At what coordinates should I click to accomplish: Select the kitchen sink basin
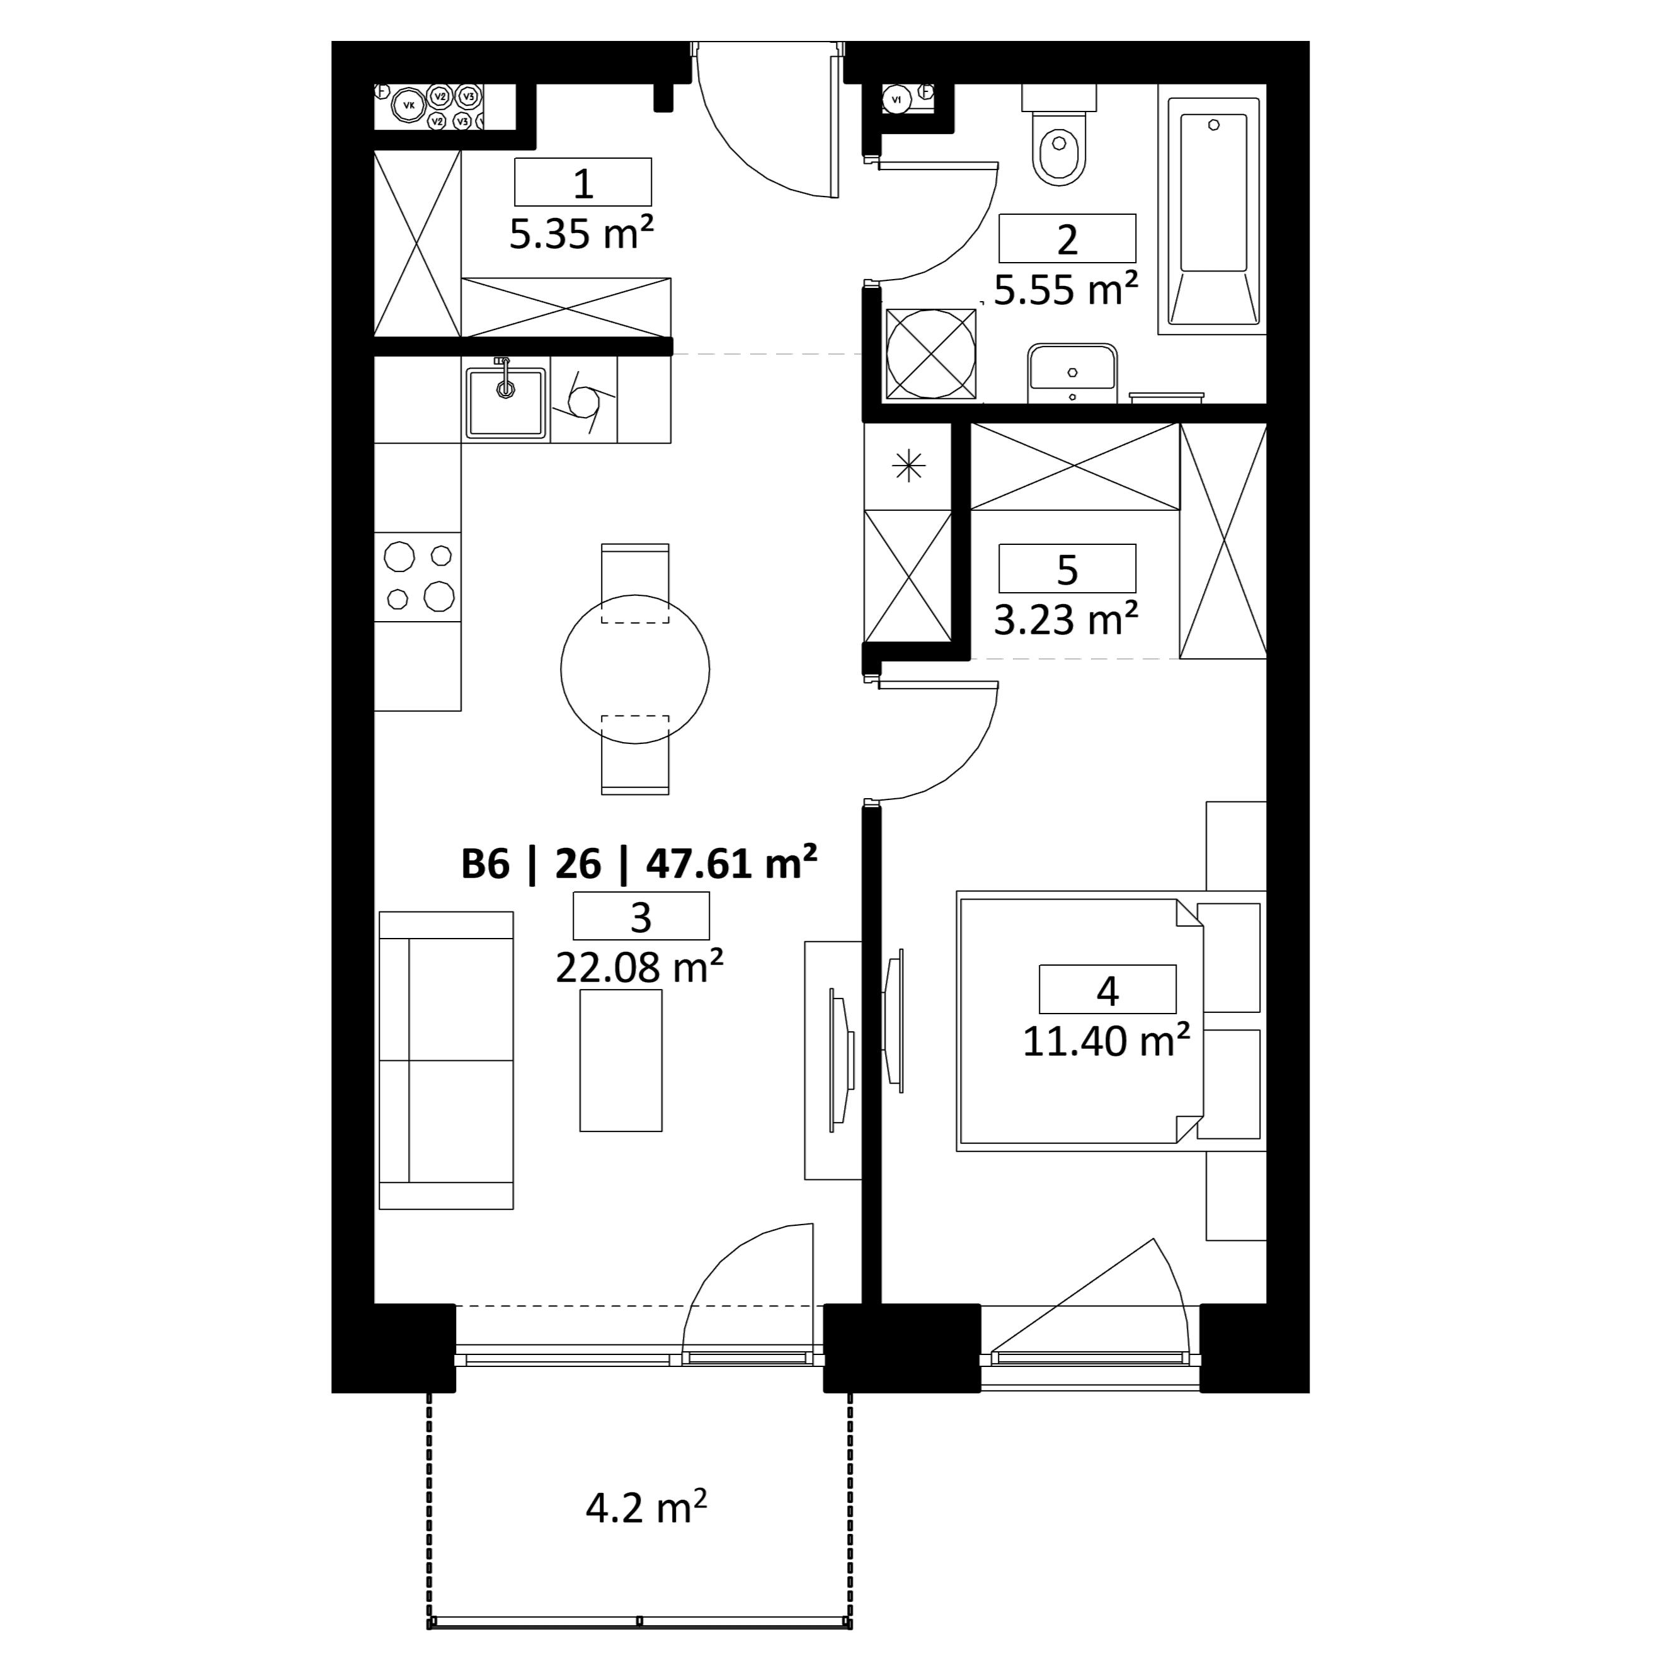(505, 403)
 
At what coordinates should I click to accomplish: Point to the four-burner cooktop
(418, 576)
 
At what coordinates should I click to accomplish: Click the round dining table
(635, 670)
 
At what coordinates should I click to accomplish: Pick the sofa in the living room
(446, 1060)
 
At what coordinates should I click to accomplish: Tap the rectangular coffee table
(620, 1060)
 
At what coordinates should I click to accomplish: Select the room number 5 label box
(1066, 568)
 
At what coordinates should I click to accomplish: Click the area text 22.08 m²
(639, 967)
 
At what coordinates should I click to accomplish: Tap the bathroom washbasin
(1072, 374)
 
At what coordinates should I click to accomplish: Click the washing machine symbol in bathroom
(930, 353)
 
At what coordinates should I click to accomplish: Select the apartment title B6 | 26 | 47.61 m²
(639, 863)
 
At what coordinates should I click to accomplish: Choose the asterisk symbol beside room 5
(908, 466)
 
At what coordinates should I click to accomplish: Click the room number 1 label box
(583, 182)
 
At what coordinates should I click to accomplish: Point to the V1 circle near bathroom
(897, 100)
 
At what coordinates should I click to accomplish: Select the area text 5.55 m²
(1066, 290)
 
